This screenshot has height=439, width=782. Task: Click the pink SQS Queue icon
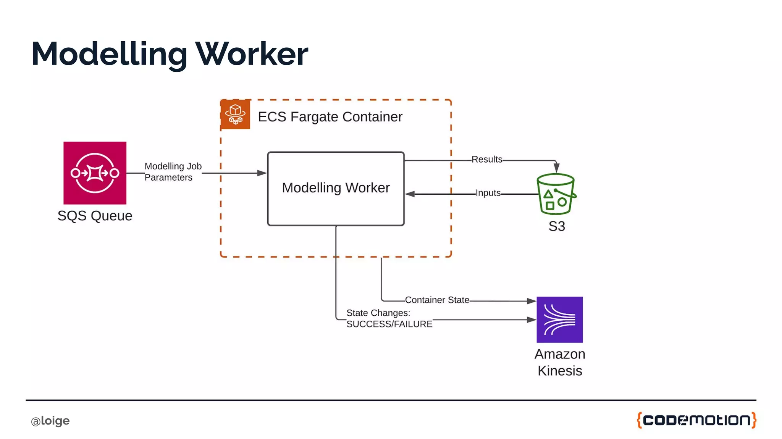point(95,173)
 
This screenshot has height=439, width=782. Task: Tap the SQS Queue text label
point(95,216)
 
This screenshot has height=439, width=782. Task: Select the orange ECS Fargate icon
point(235,115)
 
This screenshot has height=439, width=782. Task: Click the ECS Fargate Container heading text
point(330,117)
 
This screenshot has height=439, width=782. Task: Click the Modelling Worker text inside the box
point(336,188)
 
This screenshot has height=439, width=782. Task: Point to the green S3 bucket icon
point(556,194)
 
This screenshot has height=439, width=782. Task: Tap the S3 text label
point(556,226)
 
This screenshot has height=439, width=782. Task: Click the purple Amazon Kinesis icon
point(559,320)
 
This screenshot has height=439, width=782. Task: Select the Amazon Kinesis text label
point(559,362)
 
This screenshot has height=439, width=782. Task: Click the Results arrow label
point(486,160)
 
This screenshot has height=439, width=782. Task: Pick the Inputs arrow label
point(488,193)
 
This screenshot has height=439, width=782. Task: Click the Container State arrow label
point(437,300)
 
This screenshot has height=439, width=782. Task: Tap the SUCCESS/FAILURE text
point(389,324)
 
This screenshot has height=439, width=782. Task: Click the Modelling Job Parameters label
point(173,172)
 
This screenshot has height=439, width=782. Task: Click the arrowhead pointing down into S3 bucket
point(556,168)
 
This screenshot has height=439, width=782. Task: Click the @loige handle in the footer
point(50,421)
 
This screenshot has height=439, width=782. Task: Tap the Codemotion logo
point(696,420)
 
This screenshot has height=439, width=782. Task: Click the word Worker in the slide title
point(252,54)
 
